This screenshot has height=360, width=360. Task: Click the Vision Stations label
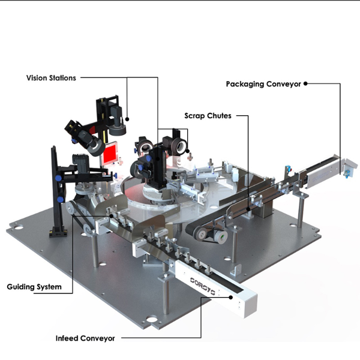[x=51, y=78]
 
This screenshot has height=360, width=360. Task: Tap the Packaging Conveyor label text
[x=263, y=84]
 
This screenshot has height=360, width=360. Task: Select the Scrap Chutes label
[x=208, y=116]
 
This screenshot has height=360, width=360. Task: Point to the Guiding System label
[x=34, y=287]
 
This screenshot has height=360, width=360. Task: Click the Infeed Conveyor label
[x=85, y=338]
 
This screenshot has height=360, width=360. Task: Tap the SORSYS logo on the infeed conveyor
[x=203, y=286]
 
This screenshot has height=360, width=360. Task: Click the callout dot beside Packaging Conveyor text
[x=305, y=83]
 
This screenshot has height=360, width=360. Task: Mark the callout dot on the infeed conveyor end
[x=231, y=298]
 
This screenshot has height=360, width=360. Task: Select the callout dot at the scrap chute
[x=248, y=209]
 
